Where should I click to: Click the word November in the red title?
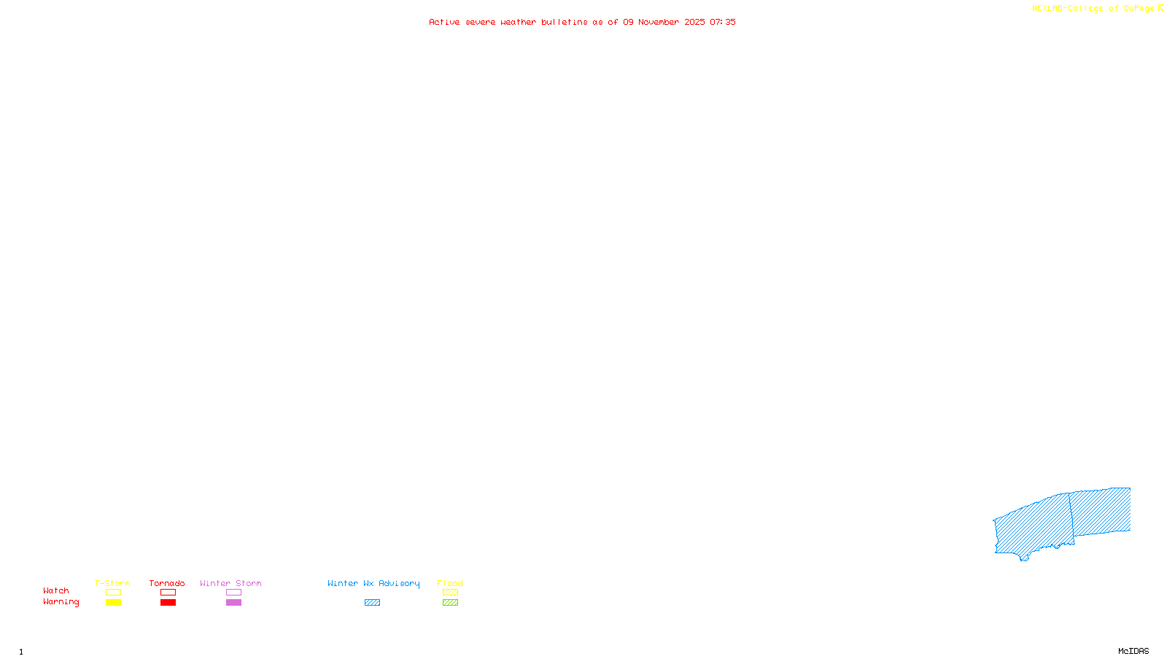(x=659, y=22)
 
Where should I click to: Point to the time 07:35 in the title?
(x=723, y=22)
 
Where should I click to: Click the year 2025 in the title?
(x=694, y=22)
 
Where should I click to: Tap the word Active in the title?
(x=444, y=22)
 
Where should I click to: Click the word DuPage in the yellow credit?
(x=1139, y=8)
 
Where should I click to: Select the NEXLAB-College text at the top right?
(x=1067, y=8)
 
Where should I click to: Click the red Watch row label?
(x=56, y=590)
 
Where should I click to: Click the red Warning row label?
(x=61, y=602)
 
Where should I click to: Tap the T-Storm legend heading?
(x=112, y=583)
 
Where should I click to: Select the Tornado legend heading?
(x=167, y=583)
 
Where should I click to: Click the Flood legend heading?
(x=450, y=583)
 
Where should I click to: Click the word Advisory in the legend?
(x=399, y=583)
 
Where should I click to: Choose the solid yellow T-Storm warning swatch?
(x=113, y=603)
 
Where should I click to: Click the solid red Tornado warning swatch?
(x=168, y=603)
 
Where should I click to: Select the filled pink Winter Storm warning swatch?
(x=233, y=603)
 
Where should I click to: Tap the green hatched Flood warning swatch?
(x=450, y=603)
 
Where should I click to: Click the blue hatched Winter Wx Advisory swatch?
(x=372, y=603)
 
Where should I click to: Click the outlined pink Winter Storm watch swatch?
(x=233, y=593)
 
